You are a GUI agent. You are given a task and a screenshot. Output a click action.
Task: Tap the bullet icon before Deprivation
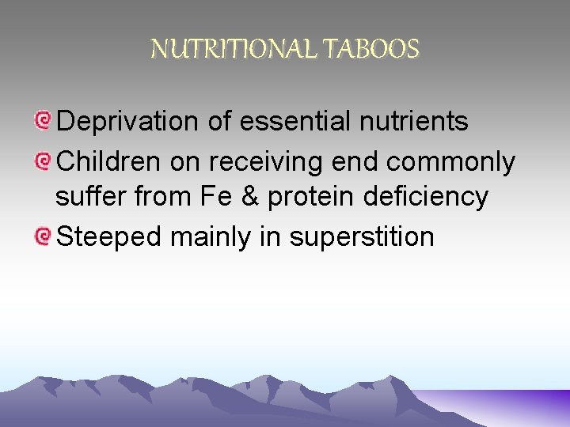(x=44, y=121)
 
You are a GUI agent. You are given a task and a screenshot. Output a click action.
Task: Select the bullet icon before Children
(x=44, y=161)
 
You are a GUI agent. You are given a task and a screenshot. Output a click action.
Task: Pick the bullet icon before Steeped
(x=44, y=236)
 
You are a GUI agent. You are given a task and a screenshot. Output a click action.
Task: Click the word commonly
(x=450, y=163)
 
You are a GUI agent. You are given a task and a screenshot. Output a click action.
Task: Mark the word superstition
(x=361, y=237)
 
